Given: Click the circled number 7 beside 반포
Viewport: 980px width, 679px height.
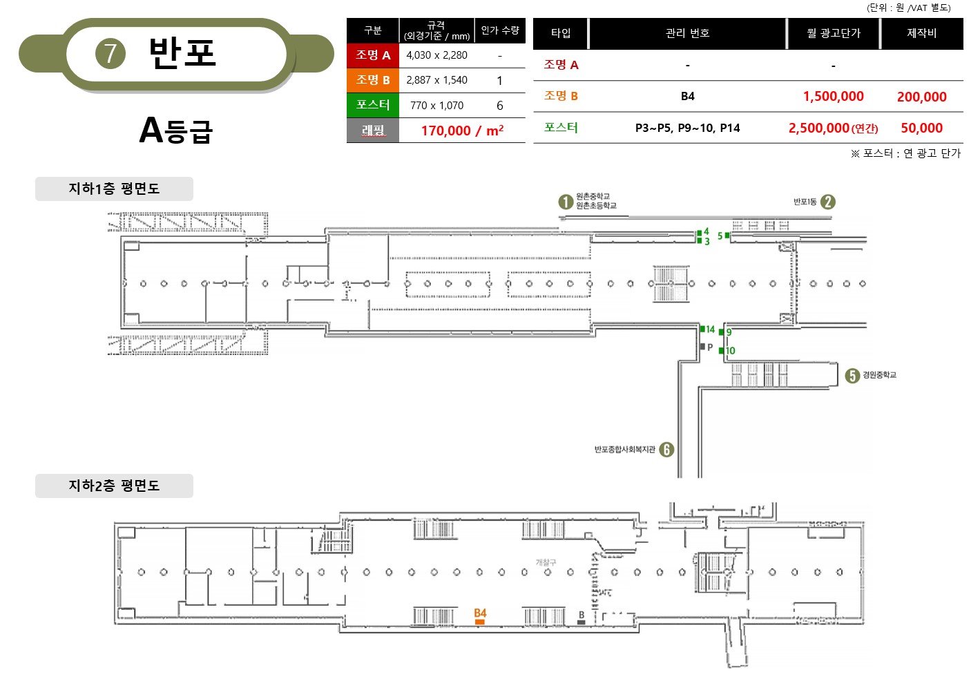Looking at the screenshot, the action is point(111,53).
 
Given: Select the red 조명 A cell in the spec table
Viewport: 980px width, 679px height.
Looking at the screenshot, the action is point(373,55).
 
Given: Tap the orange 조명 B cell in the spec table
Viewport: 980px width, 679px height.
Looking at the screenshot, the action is point(373,80).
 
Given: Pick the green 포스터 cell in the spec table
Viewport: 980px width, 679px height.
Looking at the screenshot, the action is point(373,105).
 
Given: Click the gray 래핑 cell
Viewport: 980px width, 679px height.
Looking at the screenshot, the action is point(373,131).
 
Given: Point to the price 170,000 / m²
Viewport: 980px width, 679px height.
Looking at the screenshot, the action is point(463,131).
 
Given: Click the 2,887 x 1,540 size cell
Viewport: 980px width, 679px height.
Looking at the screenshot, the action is point(436,80).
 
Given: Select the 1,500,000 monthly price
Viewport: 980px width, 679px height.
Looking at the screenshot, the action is point(834,96).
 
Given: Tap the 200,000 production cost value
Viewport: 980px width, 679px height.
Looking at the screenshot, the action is point(922,97).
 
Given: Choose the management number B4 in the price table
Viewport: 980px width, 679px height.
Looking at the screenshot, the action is point(688,96).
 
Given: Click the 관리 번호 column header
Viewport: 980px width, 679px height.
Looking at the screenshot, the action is point(687,33).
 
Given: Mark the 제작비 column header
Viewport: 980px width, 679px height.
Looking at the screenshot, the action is point(922,33).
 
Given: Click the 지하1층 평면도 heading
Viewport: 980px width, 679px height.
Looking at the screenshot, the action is point(114,189).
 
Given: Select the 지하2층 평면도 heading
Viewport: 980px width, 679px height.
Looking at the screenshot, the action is point(114,485).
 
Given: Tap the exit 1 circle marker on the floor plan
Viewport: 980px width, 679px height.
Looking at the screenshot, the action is point(566,202).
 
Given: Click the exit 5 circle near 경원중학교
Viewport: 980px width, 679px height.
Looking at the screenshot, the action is point(852,375).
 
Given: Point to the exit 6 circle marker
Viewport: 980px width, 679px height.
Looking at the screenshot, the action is point(666,449).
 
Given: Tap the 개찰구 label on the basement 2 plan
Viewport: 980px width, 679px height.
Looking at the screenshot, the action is point(546,562).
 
